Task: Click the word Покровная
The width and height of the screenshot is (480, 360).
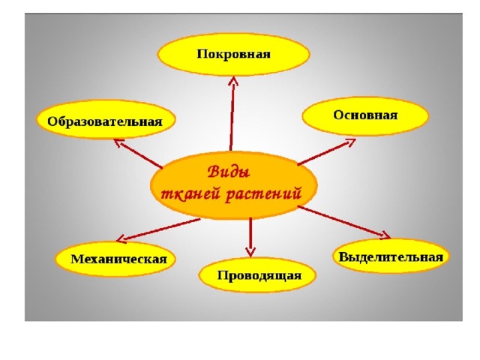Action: tap(233, 54)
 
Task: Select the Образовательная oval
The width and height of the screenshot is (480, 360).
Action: tap(106, 119)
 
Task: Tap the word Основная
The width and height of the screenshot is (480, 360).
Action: tap(365, 115)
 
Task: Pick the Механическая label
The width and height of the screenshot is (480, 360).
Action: tap(118, 259)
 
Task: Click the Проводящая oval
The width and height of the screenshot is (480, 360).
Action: tap(257, 274)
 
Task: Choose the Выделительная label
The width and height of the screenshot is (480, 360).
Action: tap(391, 256)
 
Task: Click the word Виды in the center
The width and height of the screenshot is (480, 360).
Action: tap(229, 172)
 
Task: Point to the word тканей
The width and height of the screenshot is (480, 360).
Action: tap(190, 193)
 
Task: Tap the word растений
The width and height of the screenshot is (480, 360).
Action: tap(264, 194)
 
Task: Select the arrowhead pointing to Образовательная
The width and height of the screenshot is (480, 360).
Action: tap(118, 142)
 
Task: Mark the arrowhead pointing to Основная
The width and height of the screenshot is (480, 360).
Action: tap(350, 142)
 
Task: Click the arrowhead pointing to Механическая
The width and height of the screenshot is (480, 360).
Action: tap(121, 238)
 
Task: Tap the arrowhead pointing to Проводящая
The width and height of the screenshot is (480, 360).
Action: tap(250, 252)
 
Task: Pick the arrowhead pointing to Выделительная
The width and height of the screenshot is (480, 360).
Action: tap(385, 235)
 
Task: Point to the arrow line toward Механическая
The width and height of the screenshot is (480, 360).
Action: tap(158, 230)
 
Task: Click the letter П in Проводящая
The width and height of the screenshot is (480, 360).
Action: tap(222, 274)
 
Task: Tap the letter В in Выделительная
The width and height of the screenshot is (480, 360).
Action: tap(343, 256)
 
